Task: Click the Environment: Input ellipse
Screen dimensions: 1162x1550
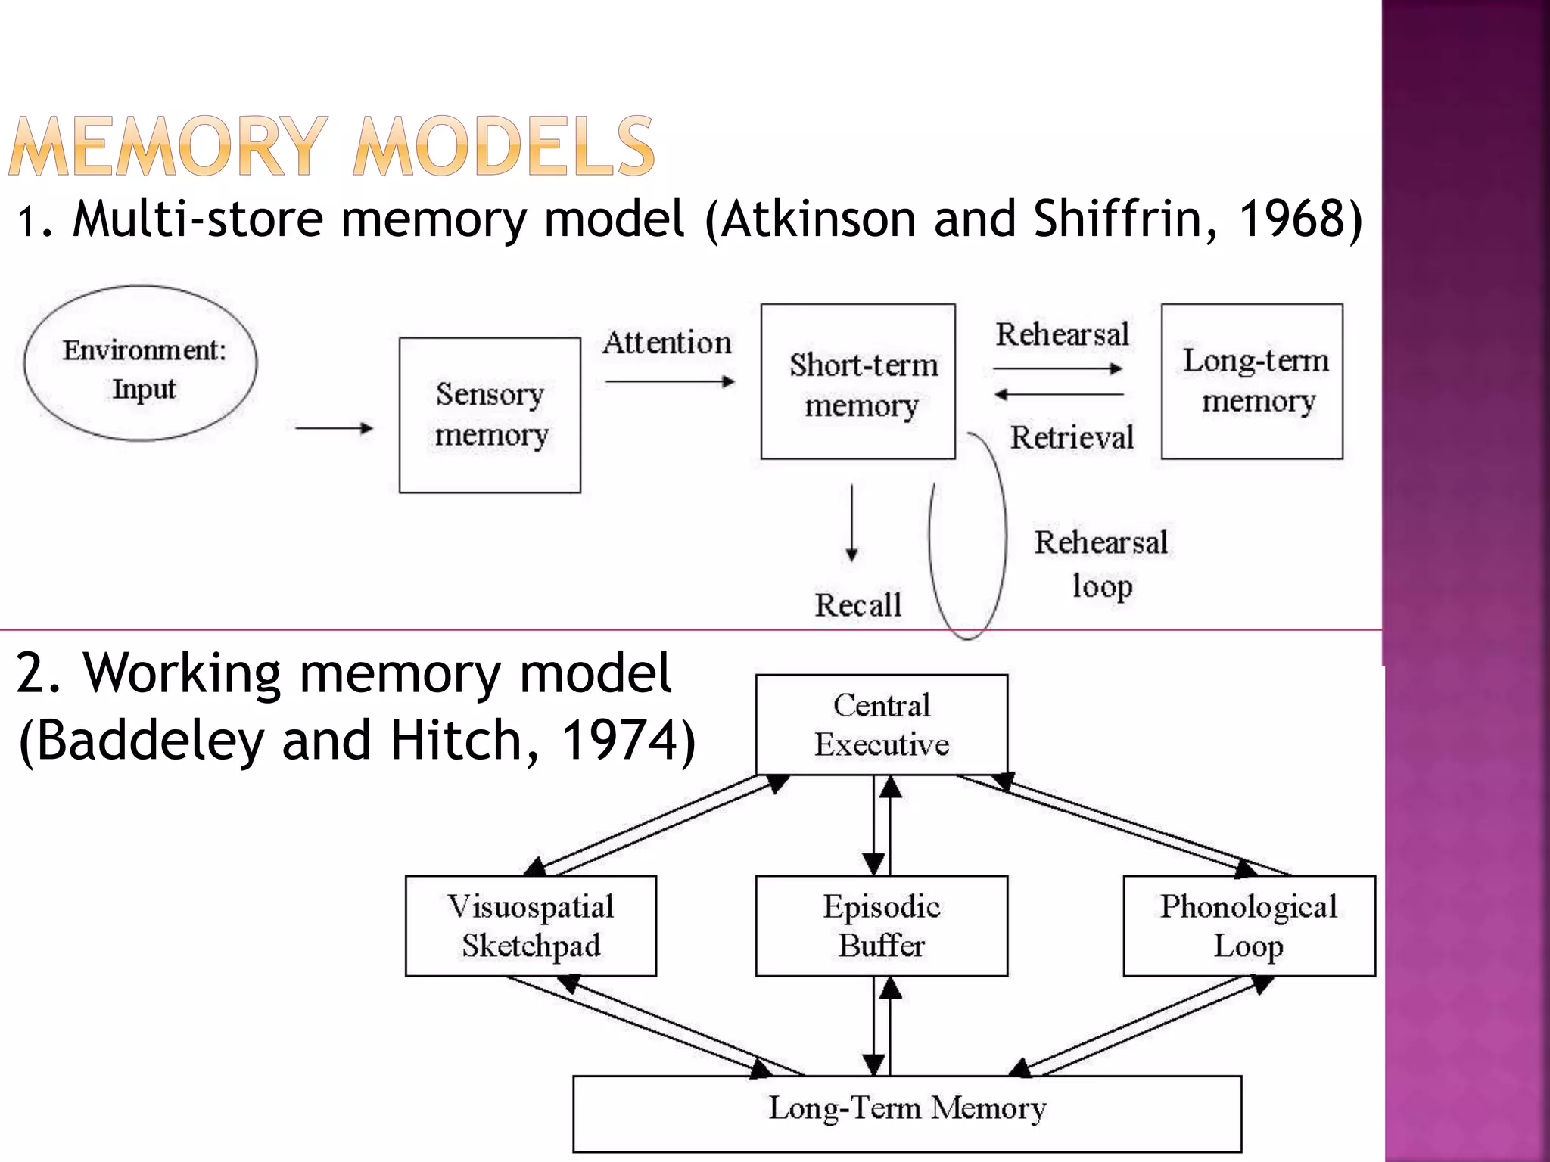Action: click(x=141, y=364)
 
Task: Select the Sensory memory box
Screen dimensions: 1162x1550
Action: click(x=490, y=415)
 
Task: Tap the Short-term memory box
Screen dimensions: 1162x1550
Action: click(x=857, y=382)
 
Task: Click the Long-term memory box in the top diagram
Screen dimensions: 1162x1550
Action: click(x=1252, y=381)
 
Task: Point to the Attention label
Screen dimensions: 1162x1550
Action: click(x=667, y=343)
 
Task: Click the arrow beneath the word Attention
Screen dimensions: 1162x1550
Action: click(x=670, y=382)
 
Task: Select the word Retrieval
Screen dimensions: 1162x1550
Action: click(x=1072, y=437)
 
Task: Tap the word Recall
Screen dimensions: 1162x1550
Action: click(x=857, y=605)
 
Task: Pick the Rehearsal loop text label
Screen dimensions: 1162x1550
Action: click(x=1101, y=564)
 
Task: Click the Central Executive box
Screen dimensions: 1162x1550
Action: click(x=882, y=725)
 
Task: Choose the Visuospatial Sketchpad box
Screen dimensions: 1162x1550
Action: click(x=531, y=926)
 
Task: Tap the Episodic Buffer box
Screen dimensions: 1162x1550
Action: click(x=882, y=926)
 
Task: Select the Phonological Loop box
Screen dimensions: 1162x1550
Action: click(x=1249, y=926)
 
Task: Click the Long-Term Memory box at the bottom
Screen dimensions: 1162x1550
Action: click(x=907, y=1113)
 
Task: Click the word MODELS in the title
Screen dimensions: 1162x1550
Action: click(x=504, y=147)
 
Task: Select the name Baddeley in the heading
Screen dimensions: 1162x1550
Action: click(x=150, y=740)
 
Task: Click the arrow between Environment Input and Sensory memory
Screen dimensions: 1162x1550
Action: click(x=334, y=428)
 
